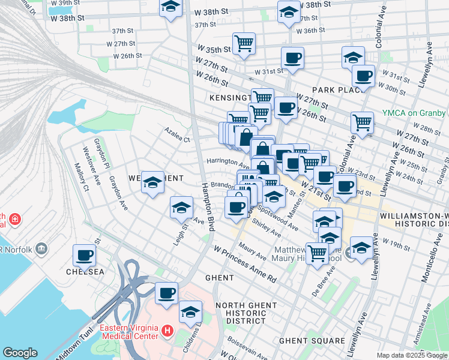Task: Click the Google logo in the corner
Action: pos(20,353)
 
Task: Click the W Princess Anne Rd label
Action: pos(244,263)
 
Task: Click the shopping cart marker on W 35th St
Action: pos(244,43)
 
